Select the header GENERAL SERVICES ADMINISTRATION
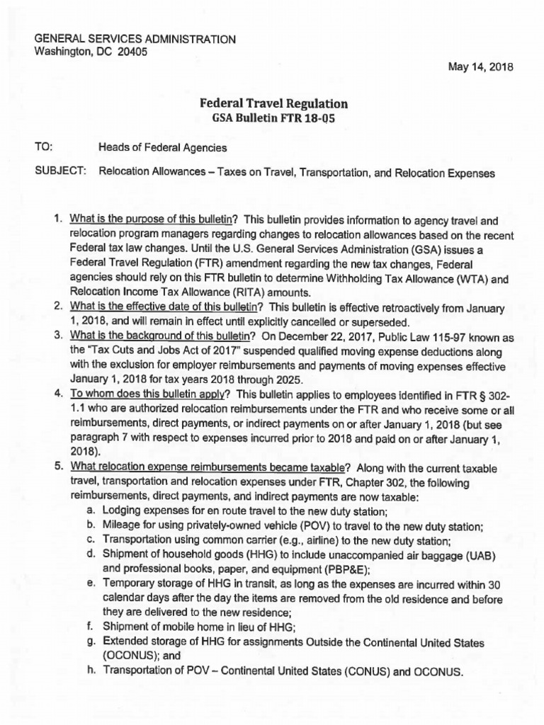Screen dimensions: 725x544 (x=135, y=39)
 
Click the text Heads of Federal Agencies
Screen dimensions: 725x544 (x=163, y=148)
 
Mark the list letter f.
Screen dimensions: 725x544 (x=90, y=628)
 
